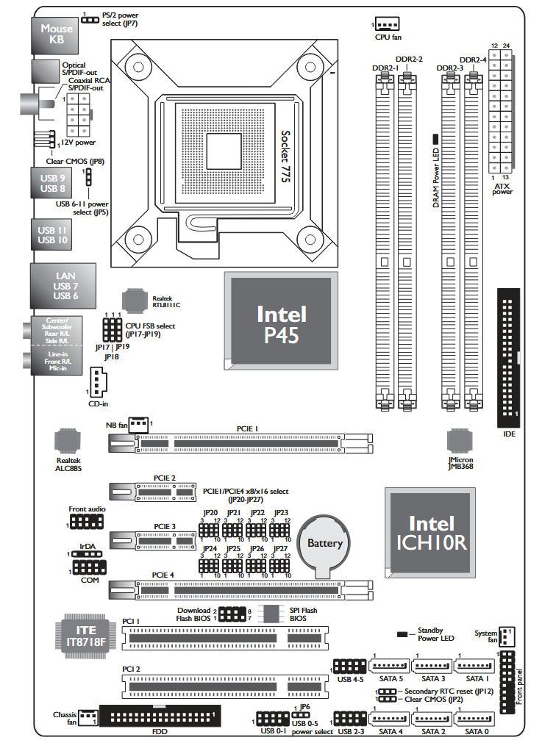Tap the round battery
click(324, 545)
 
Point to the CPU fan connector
click(386, 24)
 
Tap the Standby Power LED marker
click(403, 633)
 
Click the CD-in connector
click(98, 381)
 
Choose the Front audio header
click(87, 522)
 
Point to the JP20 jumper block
click(210, 530)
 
